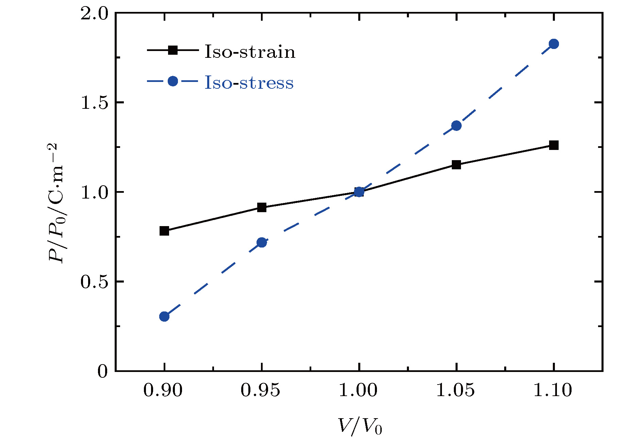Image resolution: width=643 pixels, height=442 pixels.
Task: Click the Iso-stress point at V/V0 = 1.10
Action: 554,44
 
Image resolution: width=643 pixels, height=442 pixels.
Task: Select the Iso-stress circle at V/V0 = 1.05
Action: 456,126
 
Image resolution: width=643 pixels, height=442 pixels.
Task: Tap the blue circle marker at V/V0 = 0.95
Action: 261,242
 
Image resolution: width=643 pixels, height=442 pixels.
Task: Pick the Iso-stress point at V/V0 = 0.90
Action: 164,317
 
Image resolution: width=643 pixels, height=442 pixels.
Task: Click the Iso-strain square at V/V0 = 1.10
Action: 554,146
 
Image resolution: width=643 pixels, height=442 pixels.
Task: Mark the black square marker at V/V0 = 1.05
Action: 456,165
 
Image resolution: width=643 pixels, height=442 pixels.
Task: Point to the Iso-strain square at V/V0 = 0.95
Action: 261,207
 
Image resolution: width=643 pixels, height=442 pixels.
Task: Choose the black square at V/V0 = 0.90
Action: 164,231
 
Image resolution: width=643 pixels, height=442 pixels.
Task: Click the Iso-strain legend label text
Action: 250,52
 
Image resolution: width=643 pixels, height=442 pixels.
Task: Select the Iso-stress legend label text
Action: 249,83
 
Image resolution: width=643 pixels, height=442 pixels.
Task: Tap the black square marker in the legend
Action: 173,50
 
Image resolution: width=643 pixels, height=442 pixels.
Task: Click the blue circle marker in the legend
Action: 173,81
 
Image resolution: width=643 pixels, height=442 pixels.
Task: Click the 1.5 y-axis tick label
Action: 94,103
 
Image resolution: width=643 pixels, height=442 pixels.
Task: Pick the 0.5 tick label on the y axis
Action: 94,282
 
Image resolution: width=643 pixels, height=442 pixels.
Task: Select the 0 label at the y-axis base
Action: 102,371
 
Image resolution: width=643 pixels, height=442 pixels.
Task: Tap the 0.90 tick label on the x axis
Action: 163,390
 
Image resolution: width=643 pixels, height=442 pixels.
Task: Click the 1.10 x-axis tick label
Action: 553,390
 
